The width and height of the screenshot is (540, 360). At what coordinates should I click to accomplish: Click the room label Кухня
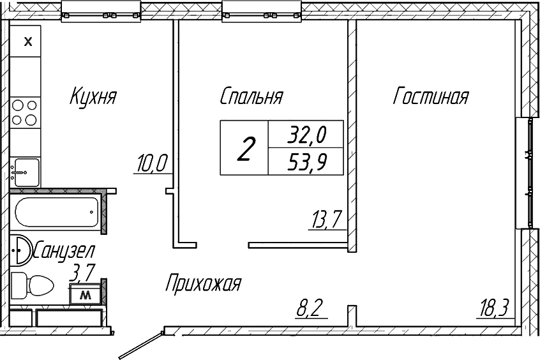pos(93,98)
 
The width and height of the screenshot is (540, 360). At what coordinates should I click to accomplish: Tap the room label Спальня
pos(251,97)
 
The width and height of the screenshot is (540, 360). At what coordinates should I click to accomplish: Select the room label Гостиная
pos(431,97)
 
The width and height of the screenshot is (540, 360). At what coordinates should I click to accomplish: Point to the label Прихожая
pos(203,283)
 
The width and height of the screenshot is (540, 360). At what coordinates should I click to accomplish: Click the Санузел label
pos(64,250)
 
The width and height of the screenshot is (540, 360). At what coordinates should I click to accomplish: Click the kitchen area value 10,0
pos(151,164)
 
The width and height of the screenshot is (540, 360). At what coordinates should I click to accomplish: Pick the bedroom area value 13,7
pos(326,220)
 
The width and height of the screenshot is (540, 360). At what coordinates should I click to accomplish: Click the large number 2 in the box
pos(244,149)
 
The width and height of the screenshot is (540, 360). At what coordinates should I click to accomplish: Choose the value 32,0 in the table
pos(306,135)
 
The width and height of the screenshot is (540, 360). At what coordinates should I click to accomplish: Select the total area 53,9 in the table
pos(306,163)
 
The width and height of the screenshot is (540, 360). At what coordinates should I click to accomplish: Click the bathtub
pos(56,211)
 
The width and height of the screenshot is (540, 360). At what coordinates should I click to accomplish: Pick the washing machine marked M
pos(86,296)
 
